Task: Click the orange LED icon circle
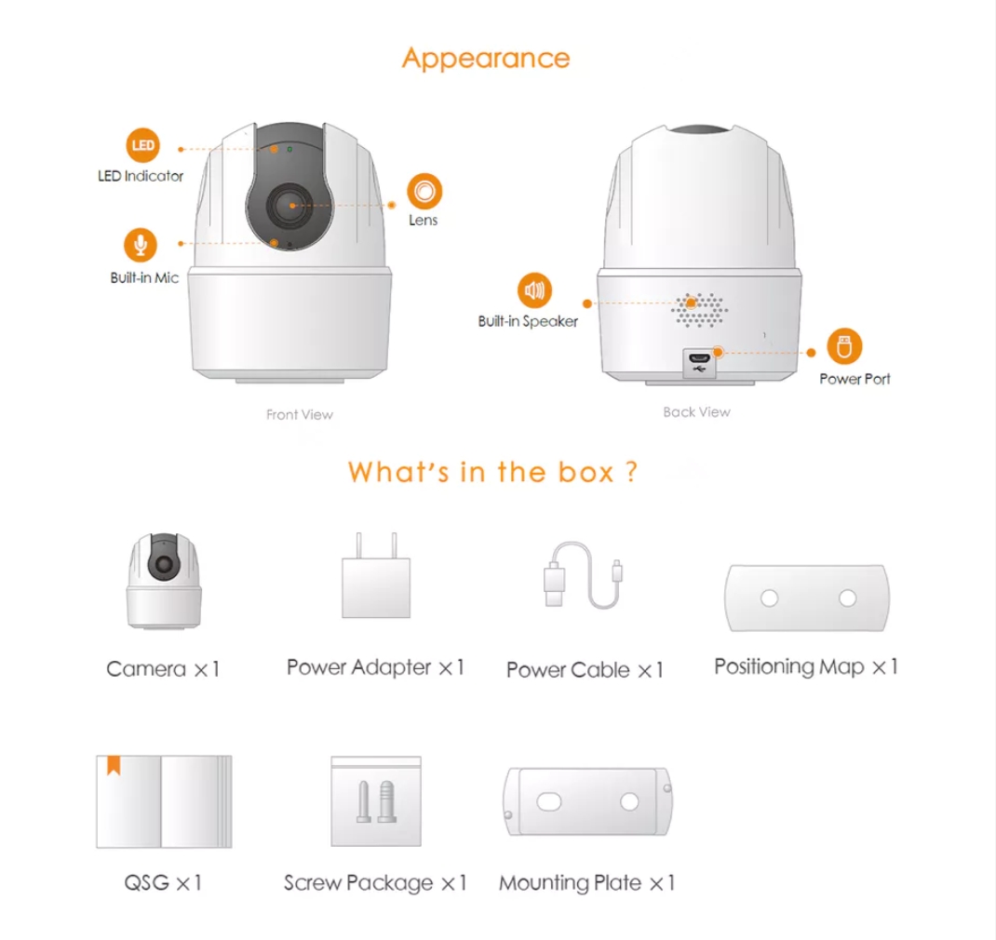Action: click(142, 146)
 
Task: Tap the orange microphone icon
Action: click(141, 245)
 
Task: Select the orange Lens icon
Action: click(424, 191)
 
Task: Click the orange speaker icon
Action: click(534, 291)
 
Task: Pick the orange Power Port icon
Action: click(844, 347)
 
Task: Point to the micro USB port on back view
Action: click(698, 357)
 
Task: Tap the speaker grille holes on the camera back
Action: click(701, 309)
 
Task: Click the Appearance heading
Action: click(485, 58)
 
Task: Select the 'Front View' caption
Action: click(299, 414)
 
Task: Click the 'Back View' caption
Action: click(696, 411)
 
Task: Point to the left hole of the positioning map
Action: click(769, 598)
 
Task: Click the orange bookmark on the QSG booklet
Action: click(114, 765)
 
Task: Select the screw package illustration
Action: click(376, 800)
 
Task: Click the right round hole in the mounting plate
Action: click(630, 800)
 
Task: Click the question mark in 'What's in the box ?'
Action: click(631, 472)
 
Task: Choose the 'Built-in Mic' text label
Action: click(144, 277)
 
